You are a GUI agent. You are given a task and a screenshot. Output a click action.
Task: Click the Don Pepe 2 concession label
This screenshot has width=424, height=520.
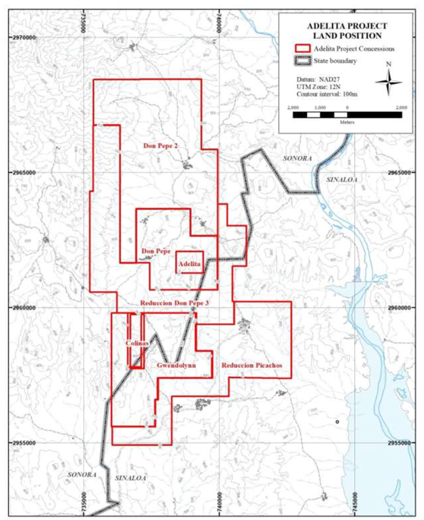(x=161, y=146)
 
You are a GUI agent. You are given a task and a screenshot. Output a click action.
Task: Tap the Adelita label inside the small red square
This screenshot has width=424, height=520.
(x=189, y=263)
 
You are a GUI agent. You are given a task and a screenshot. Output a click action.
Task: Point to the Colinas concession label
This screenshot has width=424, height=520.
(x=137, y=344)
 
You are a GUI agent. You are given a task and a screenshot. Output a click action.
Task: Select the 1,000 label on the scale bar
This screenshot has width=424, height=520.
(x=319, y=107)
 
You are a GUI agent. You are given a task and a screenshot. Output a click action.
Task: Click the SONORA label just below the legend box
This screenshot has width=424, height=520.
(x=296, y=157)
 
